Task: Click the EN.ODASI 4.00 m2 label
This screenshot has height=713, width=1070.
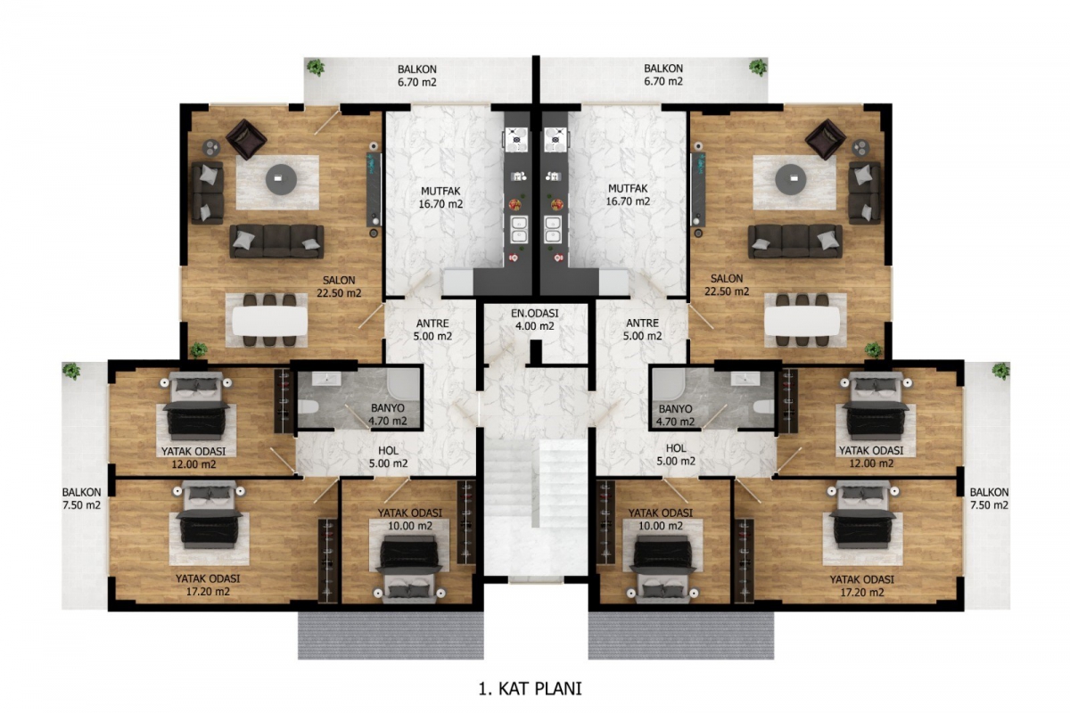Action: tap(534, 320)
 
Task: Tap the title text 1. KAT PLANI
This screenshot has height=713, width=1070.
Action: tap(531, 689)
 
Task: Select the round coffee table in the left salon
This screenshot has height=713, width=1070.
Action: tap(281, 179)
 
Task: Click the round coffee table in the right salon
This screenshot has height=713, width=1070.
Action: tap(791, 179)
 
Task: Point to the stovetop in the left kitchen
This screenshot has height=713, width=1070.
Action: tap(516, 138)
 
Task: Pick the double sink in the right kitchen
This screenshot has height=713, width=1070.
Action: tap(553, 229)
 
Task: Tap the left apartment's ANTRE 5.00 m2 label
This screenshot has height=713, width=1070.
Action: tap(432, 330)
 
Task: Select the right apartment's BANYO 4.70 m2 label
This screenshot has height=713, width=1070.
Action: tap(675, 415)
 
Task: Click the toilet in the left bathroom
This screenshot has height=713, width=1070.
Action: tap(309, 407)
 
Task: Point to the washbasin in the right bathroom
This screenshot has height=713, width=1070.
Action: tap(745, 379)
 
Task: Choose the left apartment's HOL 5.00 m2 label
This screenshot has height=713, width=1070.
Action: tap(388, 456)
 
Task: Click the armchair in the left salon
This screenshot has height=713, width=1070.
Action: tap(246, 139)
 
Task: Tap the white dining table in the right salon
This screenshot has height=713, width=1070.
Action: tap(802, 321)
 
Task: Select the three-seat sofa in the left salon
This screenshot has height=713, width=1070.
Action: tap(276, 242)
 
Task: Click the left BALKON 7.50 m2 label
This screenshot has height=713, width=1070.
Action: tap(81, 498)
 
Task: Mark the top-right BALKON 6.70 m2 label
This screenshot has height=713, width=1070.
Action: tap(663, 75)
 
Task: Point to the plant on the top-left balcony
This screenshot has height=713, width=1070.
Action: tap(316, 68)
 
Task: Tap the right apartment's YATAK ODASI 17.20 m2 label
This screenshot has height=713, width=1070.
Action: tap(861, 586)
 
